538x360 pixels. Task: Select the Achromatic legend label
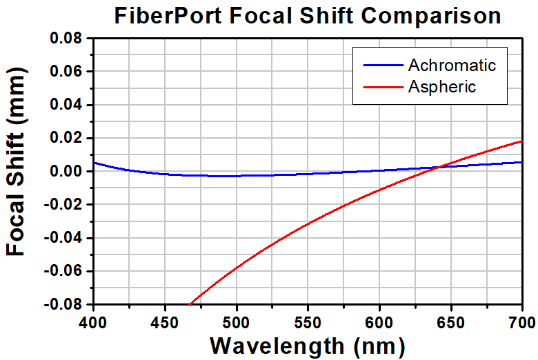point(452,66)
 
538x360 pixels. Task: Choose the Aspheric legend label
point(442,86)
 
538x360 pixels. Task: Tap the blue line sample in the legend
point(382,66)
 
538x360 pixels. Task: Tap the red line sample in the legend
point(382,87)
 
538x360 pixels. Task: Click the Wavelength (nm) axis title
point(307,345)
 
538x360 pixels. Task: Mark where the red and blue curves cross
point(440,166)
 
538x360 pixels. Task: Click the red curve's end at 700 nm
point(521,141)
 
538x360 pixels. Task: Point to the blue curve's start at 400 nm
point(93,163)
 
